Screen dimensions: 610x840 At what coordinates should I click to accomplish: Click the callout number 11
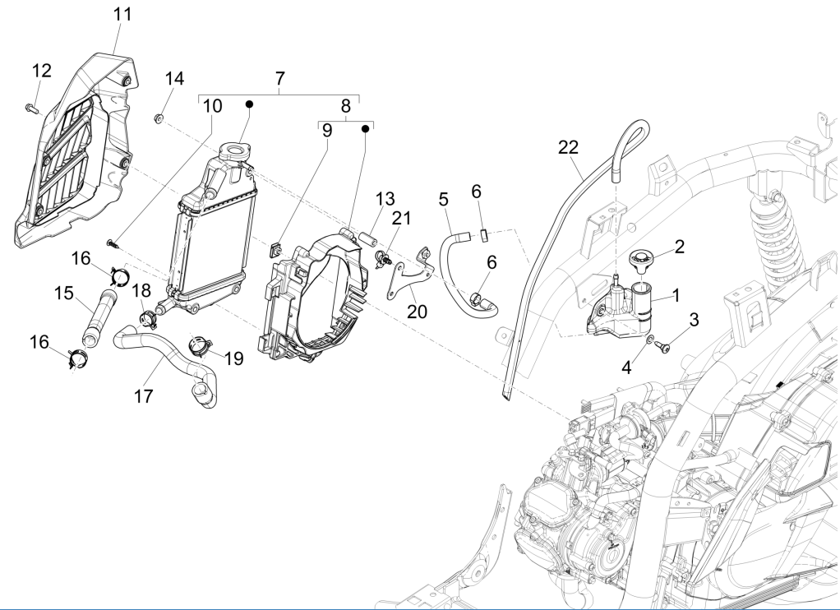click(x=122, y=14)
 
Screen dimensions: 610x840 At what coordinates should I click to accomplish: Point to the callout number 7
click(x=279, y=78)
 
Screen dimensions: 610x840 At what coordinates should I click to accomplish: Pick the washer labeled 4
click(x=650, y=340)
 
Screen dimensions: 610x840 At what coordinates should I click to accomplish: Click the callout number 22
click(x=568, y=147)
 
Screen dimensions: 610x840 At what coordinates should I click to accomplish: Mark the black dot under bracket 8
click(x=365, y=129)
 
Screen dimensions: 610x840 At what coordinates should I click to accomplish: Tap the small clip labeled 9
click(x=277, y=247)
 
